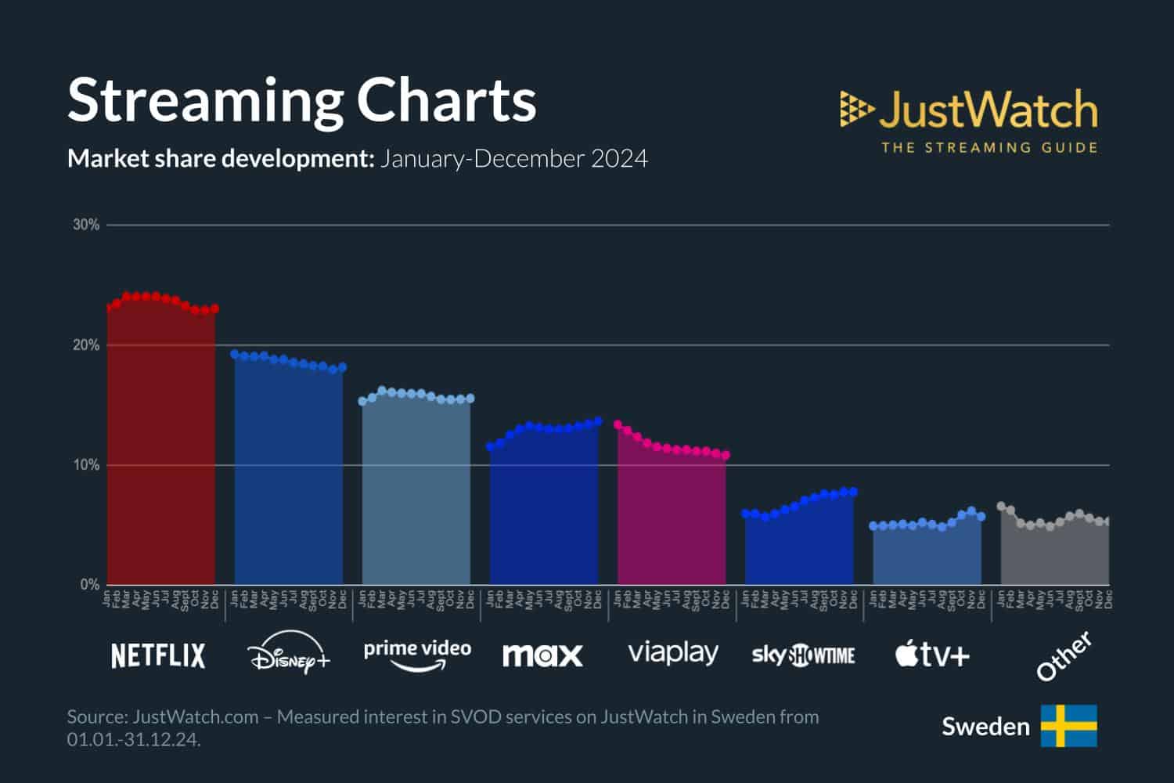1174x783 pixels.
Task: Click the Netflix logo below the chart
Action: click(x=158, y=655)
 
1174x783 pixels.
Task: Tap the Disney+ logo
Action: click(x=288, y=656)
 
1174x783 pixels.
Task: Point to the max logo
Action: click(x=542, y=655)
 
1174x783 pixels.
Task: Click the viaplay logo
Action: click(x=672, y=653)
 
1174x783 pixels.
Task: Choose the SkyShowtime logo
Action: click(x=803, y=655)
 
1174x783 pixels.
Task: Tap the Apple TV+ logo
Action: click(x=932, y=654)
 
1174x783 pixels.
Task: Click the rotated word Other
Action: click(x=1064, y=656)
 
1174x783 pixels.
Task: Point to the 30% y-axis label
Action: click(x=86, y=225)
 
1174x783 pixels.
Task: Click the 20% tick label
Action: click(x=86, y=345)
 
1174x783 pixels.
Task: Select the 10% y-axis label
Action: click(x=86, y=465)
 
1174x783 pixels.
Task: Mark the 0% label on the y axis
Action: click(x=89, y=585)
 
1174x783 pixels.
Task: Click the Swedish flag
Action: click(x=1068, y=726)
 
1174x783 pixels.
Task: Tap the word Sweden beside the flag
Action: click(x=985, y=727)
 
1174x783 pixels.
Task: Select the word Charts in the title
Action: click(x=446, y=100)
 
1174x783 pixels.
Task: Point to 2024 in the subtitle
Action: click(x=619, y=159)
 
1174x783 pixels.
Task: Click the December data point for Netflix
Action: click(x=214, y=309)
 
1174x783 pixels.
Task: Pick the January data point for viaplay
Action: click(x=618, y=424)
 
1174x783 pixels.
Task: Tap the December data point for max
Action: click(x=598, y=421)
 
